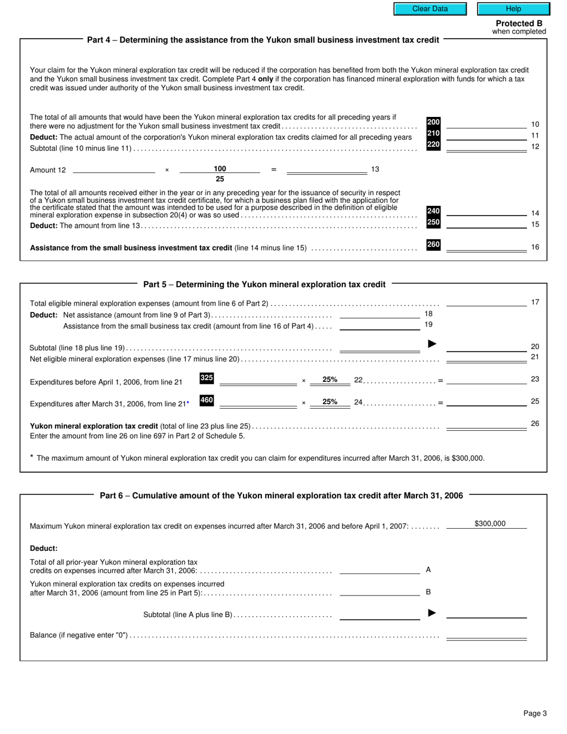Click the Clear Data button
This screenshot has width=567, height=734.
(x=430, y=9)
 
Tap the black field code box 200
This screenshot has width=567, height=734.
(x=433, y=122)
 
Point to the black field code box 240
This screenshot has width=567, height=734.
(x=433, y=211)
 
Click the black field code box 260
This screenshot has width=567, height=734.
(x=433, y=245)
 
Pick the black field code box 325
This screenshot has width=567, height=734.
(x=207, y=378)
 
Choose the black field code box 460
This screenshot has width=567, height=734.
(x=207, y=400)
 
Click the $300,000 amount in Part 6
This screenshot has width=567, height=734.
(x=489, y=524)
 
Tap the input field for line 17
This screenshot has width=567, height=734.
(x=486, y=302)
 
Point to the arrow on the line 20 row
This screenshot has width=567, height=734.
(x=433, y=344)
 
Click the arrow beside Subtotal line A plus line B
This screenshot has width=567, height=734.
(x=433, y=613)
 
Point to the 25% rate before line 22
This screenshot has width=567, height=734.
(x=329, y=380)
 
